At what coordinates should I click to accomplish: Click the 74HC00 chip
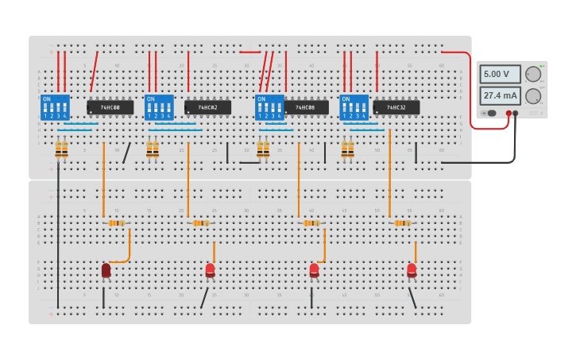(x=110, y=107)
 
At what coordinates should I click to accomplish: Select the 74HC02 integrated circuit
(x=208, y=107)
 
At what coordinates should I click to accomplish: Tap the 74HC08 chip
(x=306, y=107)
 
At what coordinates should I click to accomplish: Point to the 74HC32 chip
(x=396, y=107)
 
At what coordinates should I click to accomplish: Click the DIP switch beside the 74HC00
(x=55, y=107)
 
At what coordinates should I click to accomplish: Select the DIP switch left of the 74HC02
(x=159, y=107)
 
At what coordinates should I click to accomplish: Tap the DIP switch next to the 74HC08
(x=269, y=107)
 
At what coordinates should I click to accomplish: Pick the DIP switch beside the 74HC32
(x=354, y=107)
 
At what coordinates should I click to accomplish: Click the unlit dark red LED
(x=106, y=271)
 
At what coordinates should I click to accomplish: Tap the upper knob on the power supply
(x=533, y=75)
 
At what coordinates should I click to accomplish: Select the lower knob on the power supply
(x=533, y=96)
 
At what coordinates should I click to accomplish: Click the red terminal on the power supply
(x=508, y=114)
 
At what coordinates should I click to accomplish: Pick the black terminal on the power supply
(x=516, y=114)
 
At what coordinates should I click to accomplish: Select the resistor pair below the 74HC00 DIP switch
(x=61, y=149)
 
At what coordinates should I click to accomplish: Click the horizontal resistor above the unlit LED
(x=117, y=223)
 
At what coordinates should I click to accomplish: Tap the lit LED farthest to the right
(x=412, y=271)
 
